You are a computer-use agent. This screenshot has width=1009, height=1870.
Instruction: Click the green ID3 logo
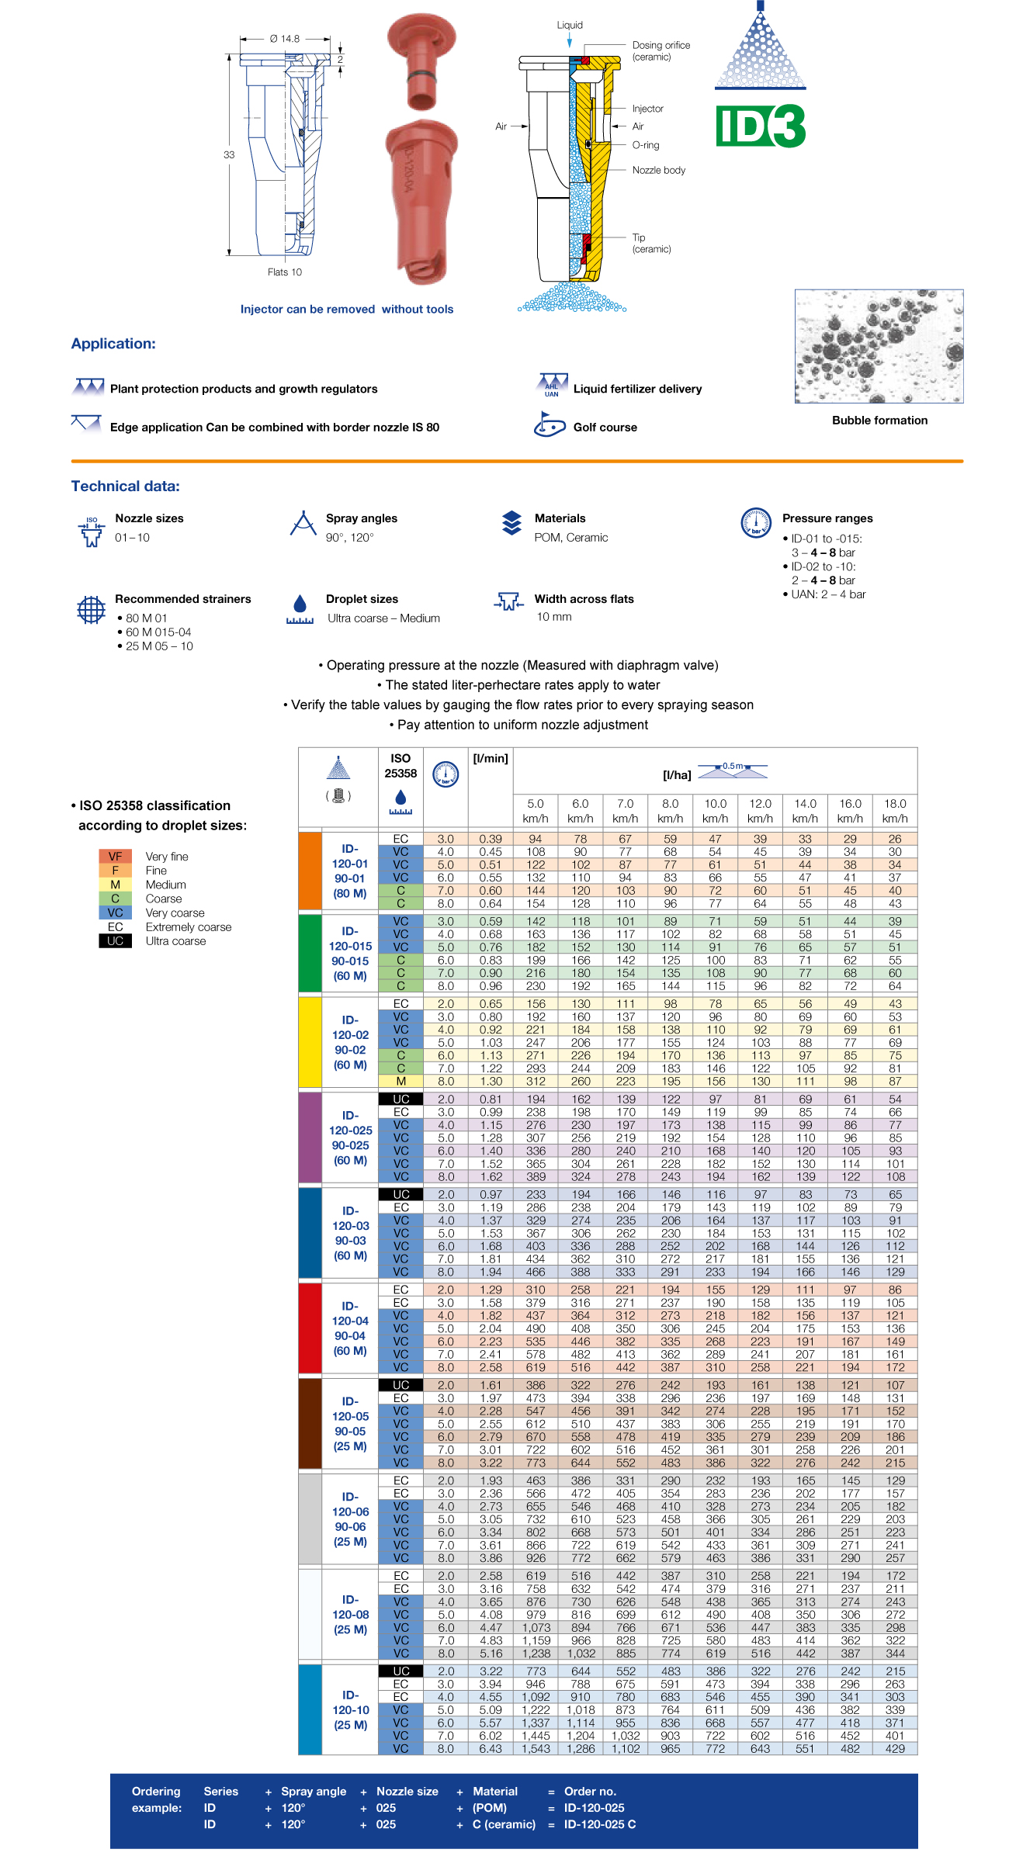point(760,126)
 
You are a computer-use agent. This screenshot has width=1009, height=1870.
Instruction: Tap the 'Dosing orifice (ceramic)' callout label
point(661,51)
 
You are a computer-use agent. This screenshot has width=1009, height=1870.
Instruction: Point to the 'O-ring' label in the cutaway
point(645,145)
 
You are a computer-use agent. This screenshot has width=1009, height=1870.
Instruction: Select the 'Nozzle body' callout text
point(658,170)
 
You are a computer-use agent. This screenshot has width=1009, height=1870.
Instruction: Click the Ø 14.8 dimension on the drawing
point(284,39)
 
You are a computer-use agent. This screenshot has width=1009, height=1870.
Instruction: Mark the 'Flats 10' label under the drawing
point(285,272)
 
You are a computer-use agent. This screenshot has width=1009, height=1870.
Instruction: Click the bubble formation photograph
point(879,346)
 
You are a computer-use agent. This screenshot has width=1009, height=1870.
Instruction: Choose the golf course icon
point(550,424)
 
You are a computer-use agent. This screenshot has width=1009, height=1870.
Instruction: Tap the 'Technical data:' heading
point(126,487)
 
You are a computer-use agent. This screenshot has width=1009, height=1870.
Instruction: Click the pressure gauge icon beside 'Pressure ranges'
point(755,522)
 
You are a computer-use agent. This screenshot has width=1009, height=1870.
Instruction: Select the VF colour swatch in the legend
point(116,857)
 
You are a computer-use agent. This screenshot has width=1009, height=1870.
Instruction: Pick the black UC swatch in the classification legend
point(116,941)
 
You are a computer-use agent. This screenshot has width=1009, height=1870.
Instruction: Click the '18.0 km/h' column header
point(895,811)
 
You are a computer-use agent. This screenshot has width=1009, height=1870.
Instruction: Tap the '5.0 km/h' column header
point(536,811)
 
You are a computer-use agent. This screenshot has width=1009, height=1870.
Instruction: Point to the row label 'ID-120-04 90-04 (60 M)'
point(350,1328)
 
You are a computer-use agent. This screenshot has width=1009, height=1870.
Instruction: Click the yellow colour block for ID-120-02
point(310,1042)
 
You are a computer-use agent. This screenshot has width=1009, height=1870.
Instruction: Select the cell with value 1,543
point(536,1749)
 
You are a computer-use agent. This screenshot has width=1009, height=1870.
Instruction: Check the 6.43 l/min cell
point(491,1749)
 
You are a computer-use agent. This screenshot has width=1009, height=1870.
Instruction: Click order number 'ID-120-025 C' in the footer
point(600,1824)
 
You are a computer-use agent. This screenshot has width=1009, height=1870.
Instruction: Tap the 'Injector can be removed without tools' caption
point(347,309)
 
